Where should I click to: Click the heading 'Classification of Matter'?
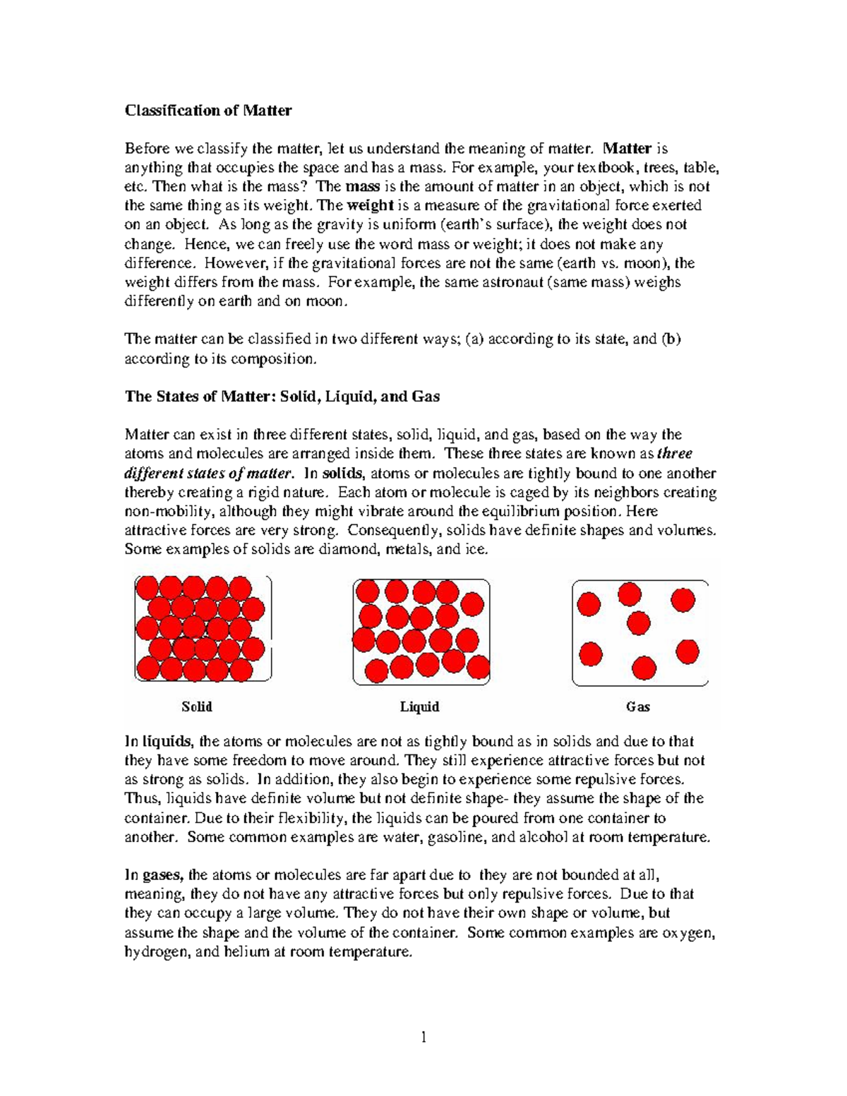click(x=208, y=110)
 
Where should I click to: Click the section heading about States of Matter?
click(x=282, y=397)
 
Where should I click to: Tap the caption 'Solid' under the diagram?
click(x=197, y=706)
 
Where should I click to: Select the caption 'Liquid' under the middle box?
click(x=420, y=706)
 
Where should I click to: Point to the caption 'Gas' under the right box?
click(x=638, y=706)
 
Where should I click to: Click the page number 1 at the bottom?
click(x=423, y=1037)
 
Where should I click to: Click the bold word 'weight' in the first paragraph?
click(x=366, y=205)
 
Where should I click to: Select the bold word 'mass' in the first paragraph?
click(x=363, y=186)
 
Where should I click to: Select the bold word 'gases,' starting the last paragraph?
click(x=164, y=875)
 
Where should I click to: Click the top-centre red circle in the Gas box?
click(x=630, y=594)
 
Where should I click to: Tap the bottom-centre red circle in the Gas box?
click(x=644, y=667)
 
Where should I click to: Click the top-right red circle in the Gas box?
click(x=682, y=600)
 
